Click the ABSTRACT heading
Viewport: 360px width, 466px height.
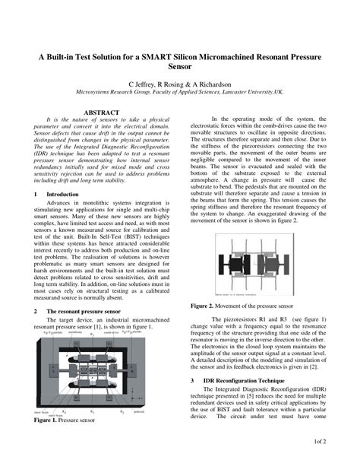pos(101,112)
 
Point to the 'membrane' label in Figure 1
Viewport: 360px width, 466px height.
pos(74,332)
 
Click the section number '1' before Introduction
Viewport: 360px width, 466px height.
pos(36,195)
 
